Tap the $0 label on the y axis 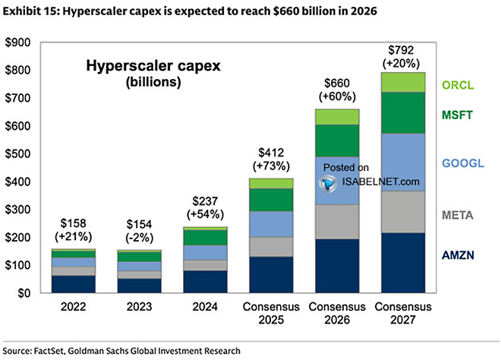pos(24,293)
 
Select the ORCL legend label pos(459,87)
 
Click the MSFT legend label pos(459,115)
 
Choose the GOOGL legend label pos(462,163)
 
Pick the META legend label pos(459,216)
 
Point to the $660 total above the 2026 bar pos(337,82)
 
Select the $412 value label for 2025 pos(270,152)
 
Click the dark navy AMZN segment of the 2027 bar pos(403,263)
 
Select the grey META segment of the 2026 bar pos(336,222)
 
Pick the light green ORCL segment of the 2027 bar pos(403,82)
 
